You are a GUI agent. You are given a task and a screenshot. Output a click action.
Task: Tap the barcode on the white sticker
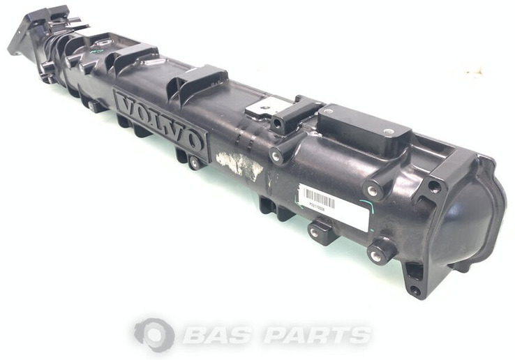tap(320, 199)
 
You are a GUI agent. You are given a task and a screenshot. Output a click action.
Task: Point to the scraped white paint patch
tap(239, 165)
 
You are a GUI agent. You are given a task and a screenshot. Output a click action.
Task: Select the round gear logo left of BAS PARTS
tap(154, 333)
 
